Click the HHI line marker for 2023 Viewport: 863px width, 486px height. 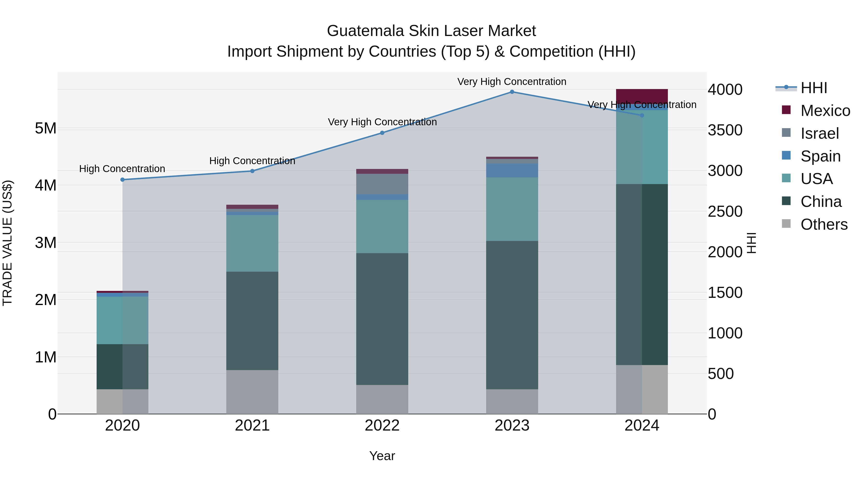click(x=512, y=92)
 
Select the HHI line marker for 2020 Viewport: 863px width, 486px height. click(x=122, y=180)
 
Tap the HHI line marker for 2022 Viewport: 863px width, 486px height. click(x=382, y=133)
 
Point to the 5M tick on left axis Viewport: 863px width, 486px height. click(x=46, y=128)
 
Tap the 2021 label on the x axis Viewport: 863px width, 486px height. click(x=252, y=426)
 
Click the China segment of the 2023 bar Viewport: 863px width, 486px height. click(x=512, y=315)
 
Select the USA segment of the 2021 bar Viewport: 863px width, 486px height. click(x=252, y=243)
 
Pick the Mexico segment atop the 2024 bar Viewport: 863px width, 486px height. click(x=642, y=96)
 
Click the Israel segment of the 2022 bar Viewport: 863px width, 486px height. click(x=382, y=184)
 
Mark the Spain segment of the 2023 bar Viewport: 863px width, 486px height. click(x=512, y=170)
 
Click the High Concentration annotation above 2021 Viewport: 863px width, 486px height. click(x=252, y=161)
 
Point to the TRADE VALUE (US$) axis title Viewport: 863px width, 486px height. click(x=8, y=243)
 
